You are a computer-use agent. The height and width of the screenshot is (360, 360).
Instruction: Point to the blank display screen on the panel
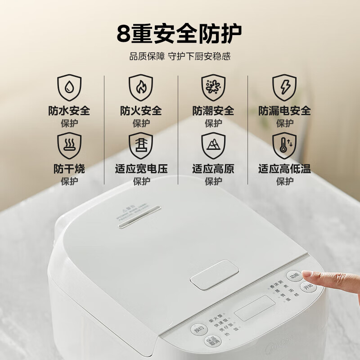click(255, 308)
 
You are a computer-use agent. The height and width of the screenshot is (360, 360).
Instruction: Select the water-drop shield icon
click(69, 87)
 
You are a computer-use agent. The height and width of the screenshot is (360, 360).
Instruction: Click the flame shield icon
click(140, 87)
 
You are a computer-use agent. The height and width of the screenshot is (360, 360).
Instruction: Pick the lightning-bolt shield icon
click(284, 87)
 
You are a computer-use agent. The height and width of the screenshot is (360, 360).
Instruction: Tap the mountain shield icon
click(213, 145)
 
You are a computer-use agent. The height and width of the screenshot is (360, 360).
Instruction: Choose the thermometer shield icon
click(284, 145)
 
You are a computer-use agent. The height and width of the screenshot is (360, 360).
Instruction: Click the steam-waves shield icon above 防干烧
click(69, 145)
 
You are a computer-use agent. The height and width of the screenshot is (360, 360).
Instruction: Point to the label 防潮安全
click(213, 110)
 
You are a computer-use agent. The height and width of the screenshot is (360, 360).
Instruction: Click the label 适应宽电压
click(141, 169)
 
